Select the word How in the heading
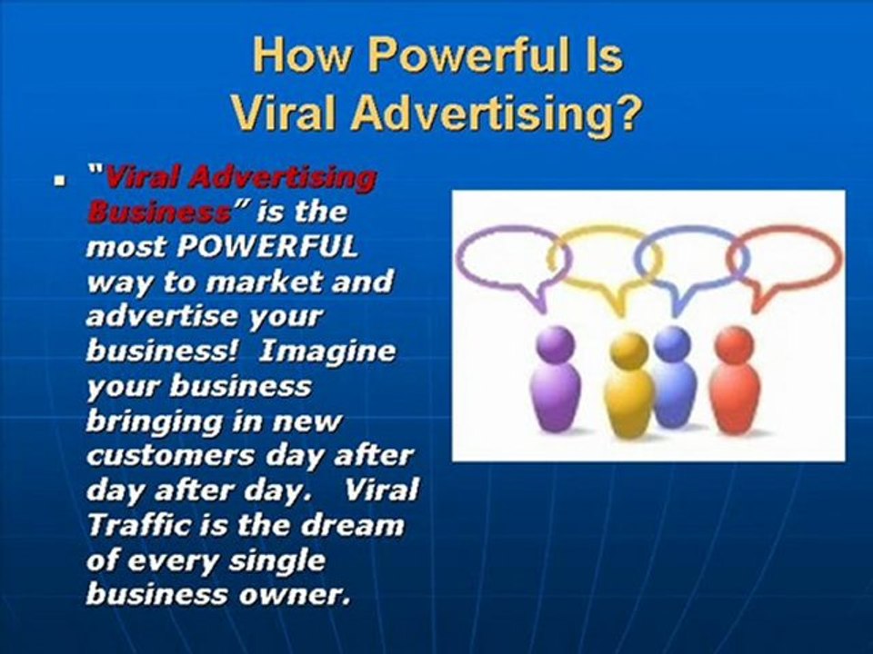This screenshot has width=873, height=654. pos(301,55)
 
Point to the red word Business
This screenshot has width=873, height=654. pos(160,213)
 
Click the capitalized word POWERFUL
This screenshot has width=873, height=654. pos(267,247)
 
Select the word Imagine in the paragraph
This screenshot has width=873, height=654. pos(327,352)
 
